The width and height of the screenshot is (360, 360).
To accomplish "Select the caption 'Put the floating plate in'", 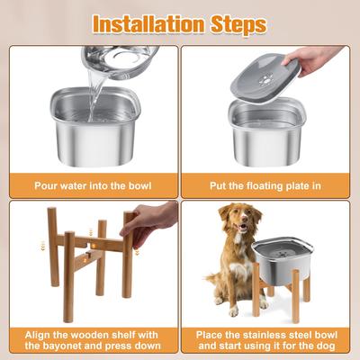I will (269, 185).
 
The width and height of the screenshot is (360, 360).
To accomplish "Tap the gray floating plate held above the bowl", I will (266, 76).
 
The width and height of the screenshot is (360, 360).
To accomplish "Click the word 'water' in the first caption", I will (82, 185).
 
